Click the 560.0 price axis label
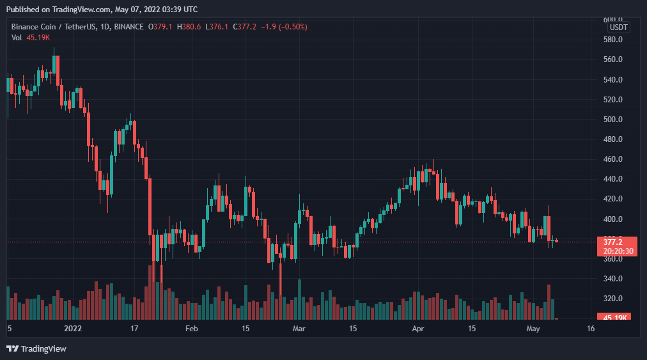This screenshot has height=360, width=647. coord(613,59)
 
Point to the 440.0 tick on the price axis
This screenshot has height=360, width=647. coord(613,179)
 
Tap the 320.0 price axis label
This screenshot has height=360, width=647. coord(613,299)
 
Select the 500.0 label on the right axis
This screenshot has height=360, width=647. coord(613,120)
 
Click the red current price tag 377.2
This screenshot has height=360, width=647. coord(613,242)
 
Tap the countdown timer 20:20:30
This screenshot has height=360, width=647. coord(614,251)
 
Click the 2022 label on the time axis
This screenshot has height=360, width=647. coord(73,329)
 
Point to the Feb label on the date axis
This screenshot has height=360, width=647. coord(192,329)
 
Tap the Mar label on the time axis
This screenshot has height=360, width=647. coord(299,329)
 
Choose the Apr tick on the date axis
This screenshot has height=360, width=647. coord(418,329)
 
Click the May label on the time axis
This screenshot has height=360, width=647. coord(534,329)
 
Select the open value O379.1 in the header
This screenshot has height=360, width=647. coord(160,27)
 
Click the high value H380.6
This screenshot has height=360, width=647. coord(189,27)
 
